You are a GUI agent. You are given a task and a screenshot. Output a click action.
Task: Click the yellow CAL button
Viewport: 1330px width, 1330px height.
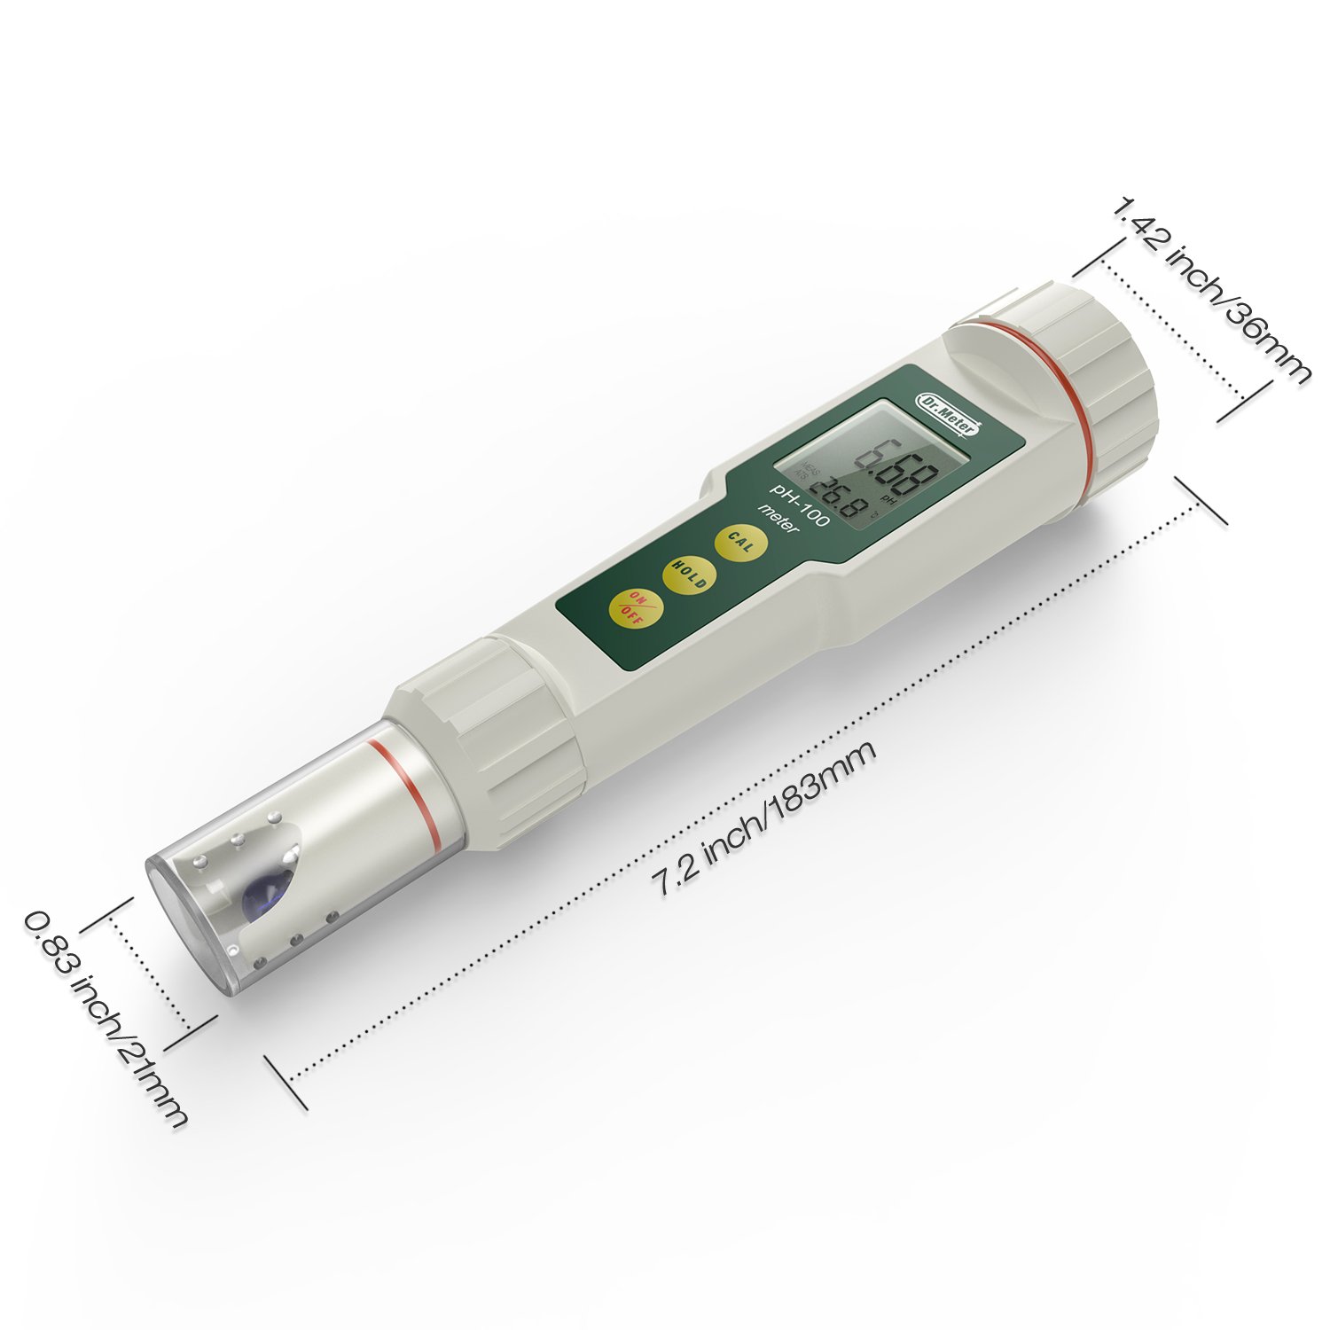[741, 541]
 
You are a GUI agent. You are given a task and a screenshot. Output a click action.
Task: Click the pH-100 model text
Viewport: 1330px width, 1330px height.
[798, 505]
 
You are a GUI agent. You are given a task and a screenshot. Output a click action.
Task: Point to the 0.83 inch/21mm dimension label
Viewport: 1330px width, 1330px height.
[106, 1020]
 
